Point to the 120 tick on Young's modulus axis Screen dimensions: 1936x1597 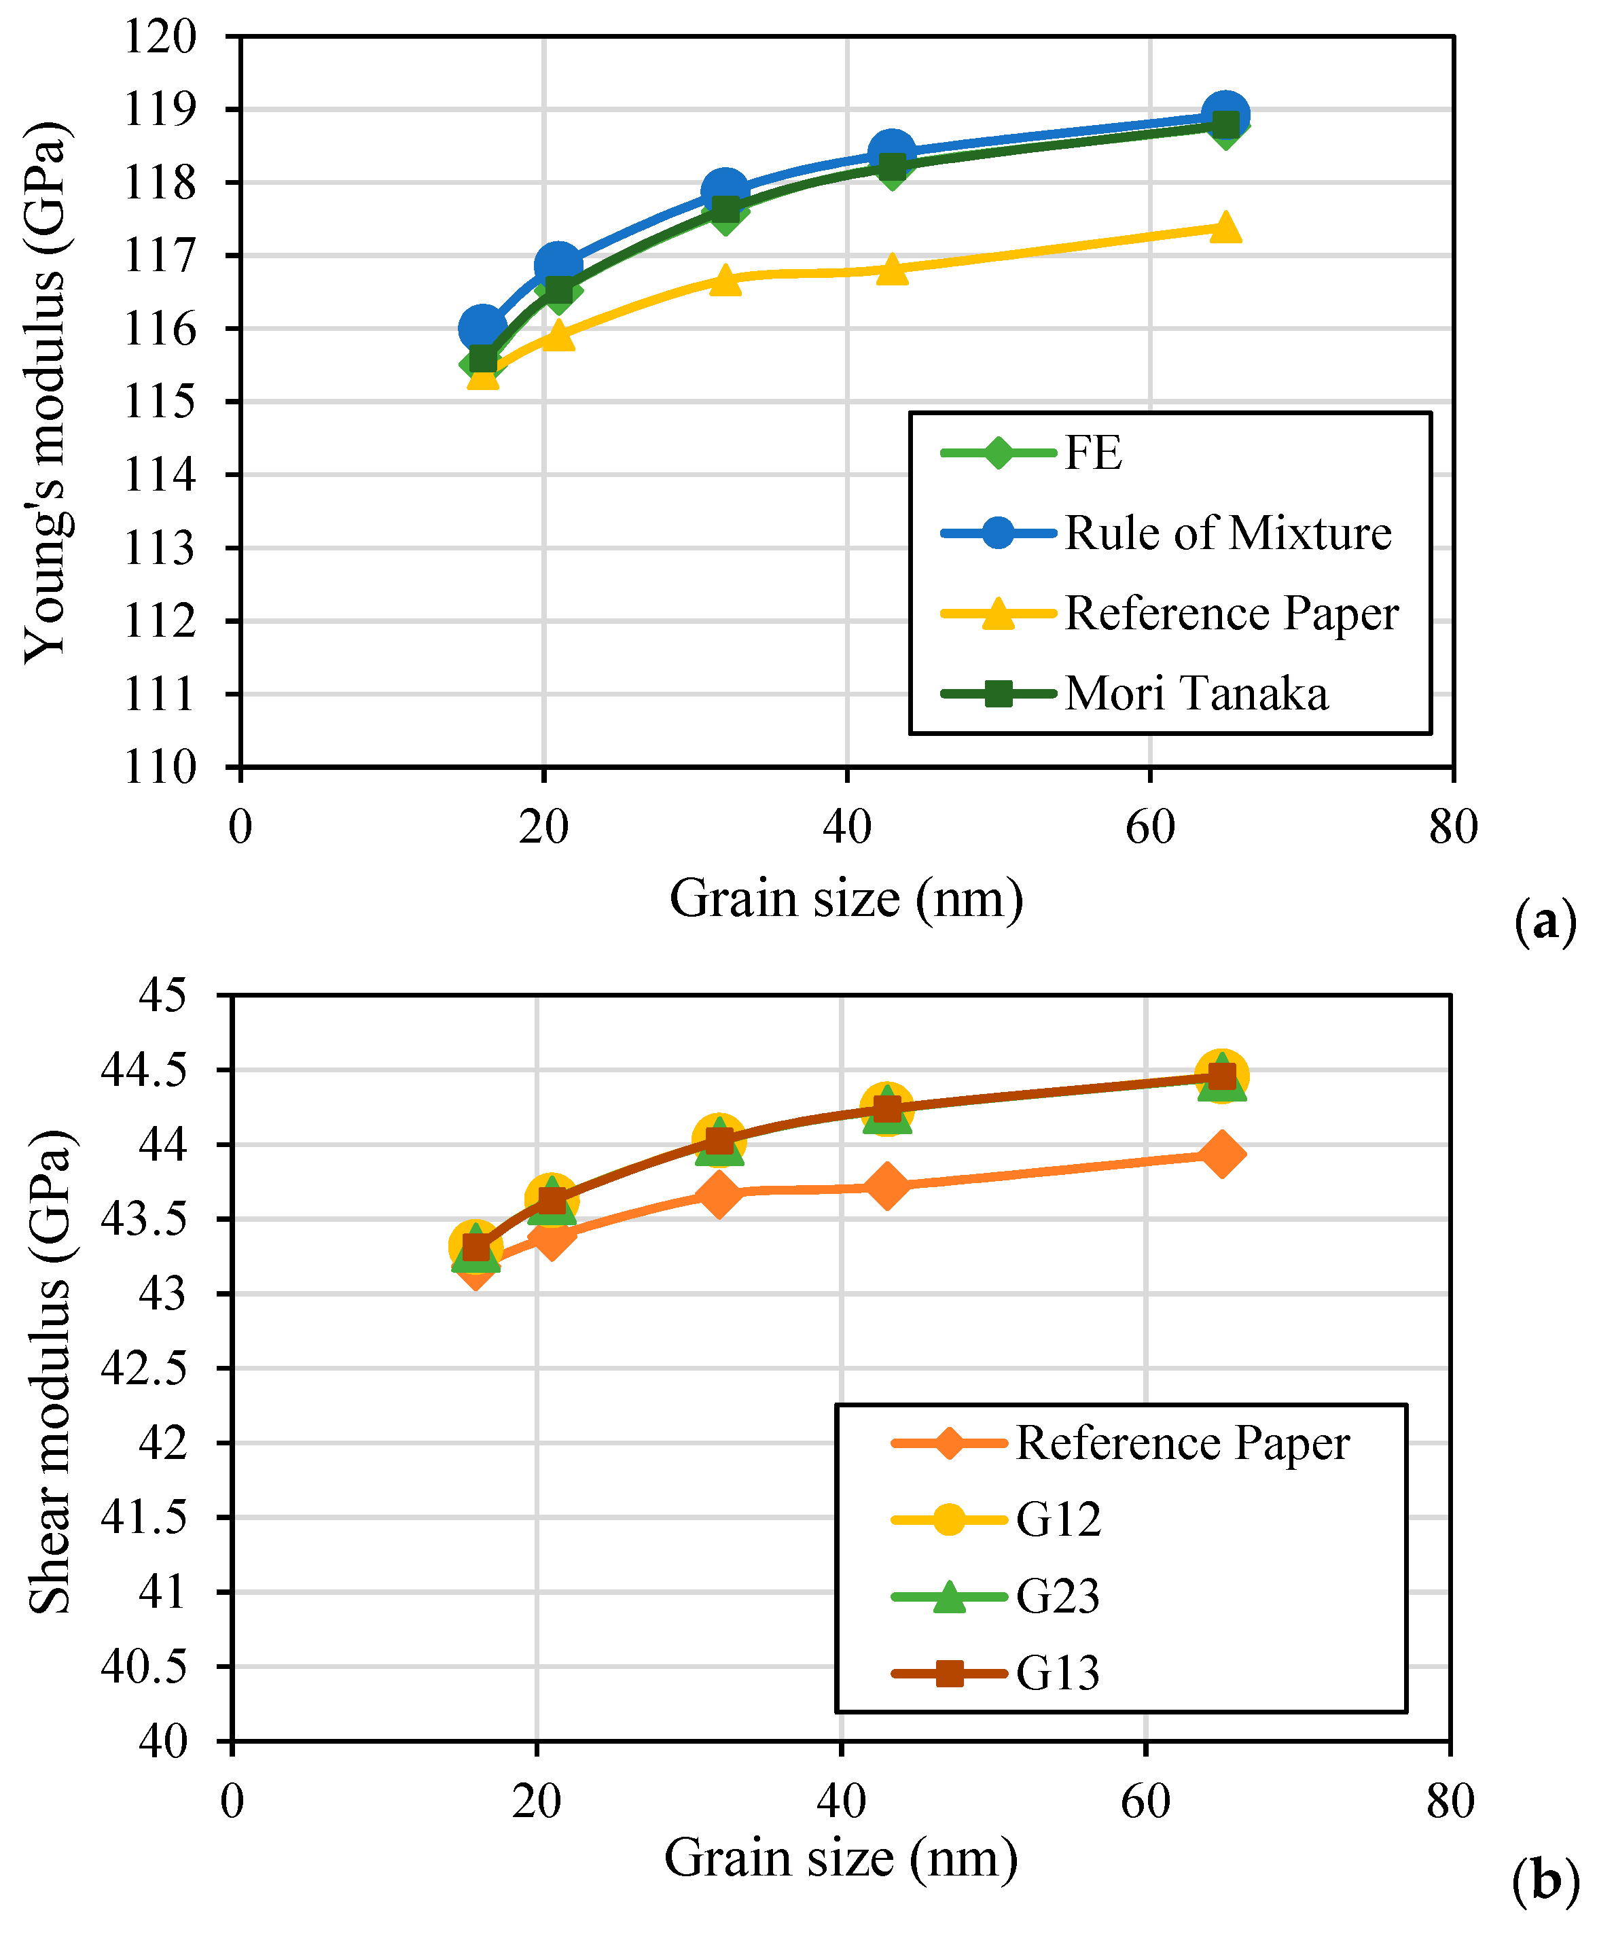(160, 37)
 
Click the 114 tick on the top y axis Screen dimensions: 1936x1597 (160, 475)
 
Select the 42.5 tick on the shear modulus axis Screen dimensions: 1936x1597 (143, 1369)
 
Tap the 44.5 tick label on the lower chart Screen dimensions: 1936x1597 (143, 1070)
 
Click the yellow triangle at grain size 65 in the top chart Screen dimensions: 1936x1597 (1225, 227)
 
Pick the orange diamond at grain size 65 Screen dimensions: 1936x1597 (1221, 1155)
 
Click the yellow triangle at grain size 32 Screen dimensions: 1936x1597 (725, 279)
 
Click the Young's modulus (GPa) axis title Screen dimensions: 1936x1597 (46, 391)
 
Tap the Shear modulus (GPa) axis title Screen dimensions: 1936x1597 (50, 1371)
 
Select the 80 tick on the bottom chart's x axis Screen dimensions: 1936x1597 (1450, 1801)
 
